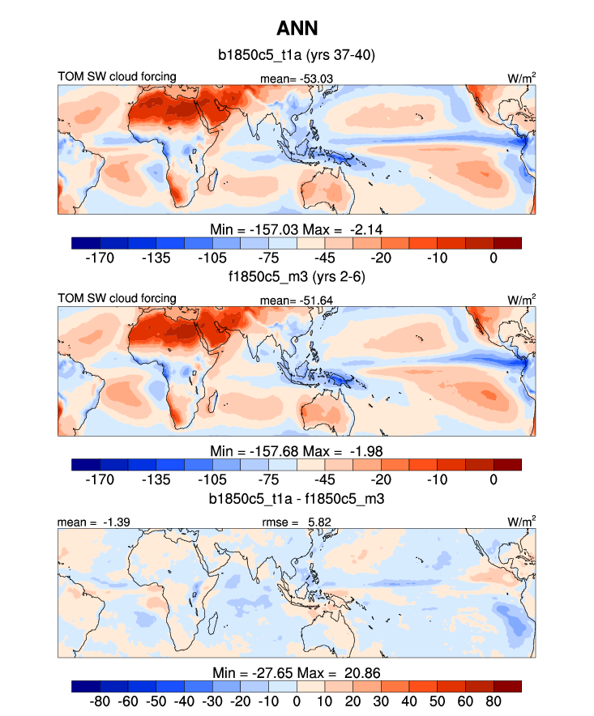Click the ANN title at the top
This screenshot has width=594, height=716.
click(x=296, y=29)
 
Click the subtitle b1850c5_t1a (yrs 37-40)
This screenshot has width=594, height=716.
click(x=296, y=56)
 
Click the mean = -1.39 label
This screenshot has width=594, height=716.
click(x=88, y=523)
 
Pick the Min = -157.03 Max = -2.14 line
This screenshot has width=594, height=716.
click(x=296, y=229)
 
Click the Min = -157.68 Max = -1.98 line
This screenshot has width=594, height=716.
click(x=296, y=451)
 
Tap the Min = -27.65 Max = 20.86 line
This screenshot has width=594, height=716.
click(x=296, y=673)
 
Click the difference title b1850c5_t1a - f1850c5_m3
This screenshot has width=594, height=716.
click(x=296, y=500)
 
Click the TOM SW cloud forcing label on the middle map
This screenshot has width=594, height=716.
click(x=117, y=299)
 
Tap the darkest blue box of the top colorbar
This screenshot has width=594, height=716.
click(x=86, y=243)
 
